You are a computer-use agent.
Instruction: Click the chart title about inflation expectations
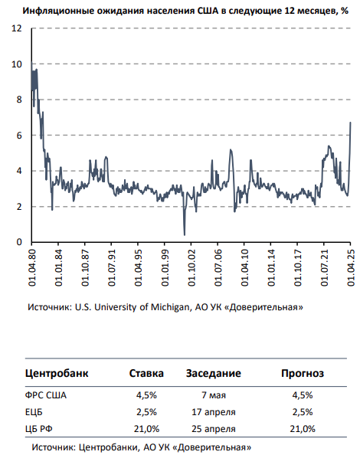click(x=185, y=11)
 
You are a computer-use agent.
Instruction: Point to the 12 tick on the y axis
click(x=17, y=28)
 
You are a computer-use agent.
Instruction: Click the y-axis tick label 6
click(x=19, y=136)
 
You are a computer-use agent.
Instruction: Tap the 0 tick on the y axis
click(x=19, y=242)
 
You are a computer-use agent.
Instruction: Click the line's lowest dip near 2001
click(x=185, y=234)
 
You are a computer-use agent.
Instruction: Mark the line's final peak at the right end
click(x=351, y=123)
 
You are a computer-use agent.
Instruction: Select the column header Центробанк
click(x=57, y=373)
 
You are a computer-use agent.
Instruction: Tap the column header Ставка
click(x=146, y=373)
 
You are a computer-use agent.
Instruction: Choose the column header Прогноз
click(x=303, y=373)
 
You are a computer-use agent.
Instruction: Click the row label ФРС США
click(x=46, y=395)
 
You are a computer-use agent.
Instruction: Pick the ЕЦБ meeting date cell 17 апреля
click(x=214, y=412)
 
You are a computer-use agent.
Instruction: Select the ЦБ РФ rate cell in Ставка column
click(x=146, y=429)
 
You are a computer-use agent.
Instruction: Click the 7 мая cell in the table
click(x=214, y=395)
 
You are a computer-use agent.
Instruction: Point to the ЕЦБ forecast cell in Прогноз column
click(x=303, y=412)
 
